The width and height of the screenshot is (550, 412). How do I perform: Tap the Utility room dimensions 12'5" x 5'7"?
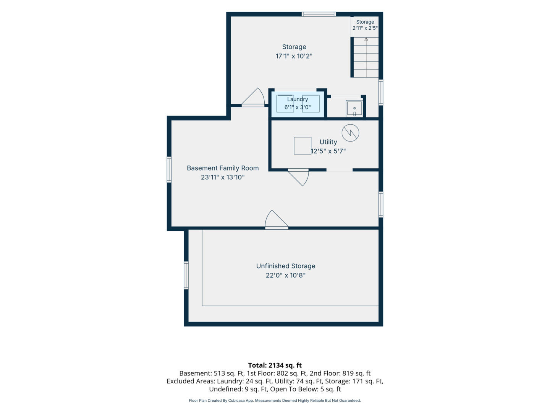328,151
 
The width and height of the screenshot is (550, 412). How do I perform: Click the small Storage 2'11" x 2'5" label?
365,25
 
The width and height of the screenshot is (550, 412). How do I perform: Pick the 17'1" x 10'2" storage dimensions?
294,56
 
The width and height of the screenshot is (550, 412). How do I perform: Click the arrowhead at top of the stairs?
366,39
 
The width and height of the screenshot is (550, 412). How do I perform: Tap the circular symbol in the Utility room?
350,133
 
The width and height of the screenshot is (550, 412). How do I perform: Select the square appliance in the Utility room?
302,146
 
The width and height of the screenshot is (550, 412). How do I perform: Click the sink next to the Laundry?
354,108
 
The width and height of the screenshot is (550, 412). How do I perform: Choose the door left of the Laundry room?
253,97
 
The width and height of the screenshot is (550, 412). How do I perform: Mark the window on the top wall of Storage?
319,14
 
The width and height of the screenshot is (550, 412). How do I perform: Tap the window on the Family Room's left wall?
169,170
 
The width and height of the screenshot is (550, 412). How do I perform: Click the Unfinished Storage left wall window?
186,275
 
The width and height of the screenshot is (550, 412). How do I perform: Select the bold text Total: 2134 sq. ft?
275,365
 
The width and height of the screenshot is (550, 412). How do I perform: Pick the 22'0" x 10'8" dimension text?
286,275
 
